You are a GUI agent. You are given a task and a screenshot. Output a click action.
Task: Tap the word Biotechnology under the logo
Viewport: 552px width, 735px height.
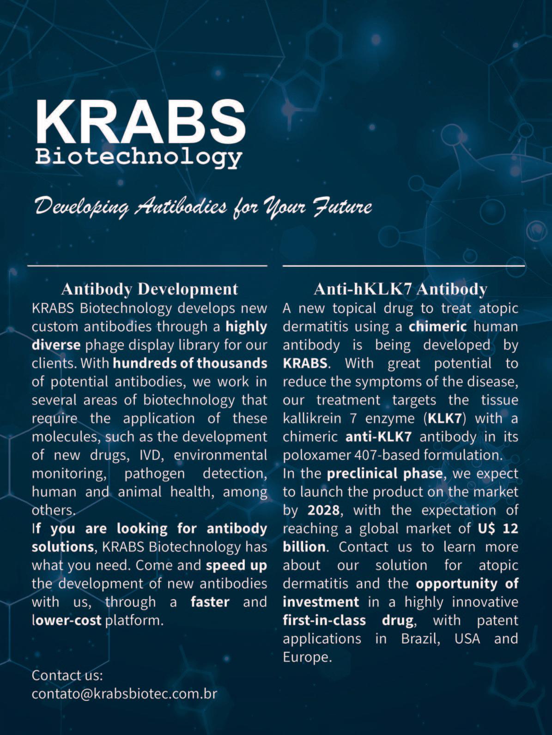(x=139, y=157)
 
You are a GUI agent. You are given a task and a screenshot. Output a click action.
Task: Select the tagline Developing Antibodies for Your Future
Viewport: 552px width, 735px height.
(x=204, y=206)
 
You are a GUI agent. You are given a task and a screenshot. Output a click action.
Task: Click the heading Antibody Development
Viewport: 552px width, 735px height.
(x=150, y=289)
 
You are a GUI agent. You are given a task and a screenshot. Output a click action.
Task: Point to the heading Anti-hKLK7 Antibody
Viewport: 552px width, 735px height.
(x=400, y=289)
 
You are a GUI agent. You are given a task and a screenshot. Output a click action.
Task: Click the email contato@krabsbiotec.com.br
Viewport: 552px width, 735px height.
(x=124, y=693)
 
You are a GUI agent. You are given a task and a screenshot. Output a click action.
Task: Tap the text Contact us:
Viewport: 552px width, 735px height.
(x=67, y=675)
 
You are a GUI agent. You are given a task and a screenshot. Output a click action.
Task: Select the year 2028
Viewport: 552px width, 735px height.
(x=323, y=510)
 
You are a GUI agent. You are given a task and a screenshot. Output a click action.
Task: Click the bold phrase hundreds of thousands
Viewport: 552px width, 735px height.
(x=190, y=363)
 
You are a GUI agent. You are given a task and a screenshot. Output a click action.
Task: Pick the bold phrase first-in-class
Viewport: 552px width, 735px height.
(x=324, y=621)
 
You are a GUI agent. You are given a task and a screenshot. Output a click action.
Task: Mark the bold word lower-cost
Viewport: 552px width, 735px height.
(x=67, y=621)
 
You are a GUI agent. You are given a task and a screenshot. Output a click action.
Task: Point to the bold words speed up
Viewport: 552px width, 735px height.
(x=237, y=565)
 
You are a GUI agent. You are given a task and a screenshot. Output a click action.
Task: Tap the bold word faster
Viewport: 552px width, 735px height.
(x=210, y=602)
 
